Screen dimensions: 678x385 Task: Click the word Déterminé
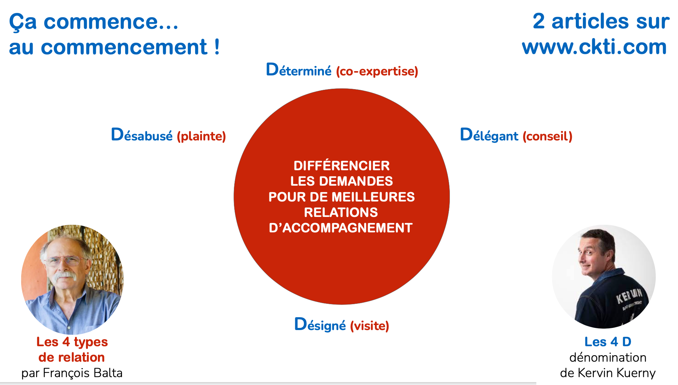pyautogui.click(x=298, y=70)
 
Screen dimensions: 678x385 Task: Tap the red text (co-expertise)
pyautogui.click(x=377, y=71)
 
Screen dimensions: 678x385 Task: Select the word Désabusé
pyautogui.click(x=142, y=135)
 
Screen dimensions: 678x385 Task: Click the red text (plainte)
pyautogui.click(x=201, y=136)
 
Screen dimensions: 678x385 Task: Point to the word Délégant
pyautogui.click(x=489, y=135)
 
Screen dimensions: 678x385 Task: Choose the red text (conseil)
pyautogui.click(x=547, y=136)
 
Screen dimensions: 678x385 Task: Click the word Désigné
pyautogui.click(x=320, y=324)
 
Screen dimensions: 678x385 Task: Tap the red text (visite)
pyautogui.click(x=369, y=326)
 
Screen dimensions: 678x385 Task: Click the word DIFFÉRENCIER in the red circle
pyautogui.click(x=342, y=166)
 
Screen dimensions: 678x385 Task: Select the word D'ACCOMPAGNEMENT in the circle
pyautogui.click(x=341, y=228)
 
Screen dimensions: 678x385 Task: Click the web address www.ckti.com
pyautogui.click(x=594, y=47)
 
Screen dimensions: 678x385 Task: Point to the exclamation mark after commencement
pyautogui.click(x=217, y=47)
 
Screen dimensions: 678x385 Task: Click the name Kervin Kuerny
pyautogui.click(x=617, y=373)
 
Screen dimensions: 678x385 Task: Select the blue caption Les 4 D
pyautogui.click(x=608, y=342)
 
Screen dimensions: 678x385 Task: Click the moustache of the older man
pyautogui.click(x=65, y=275)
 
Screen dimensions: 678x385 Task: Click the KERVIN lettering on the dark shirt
pyautogui.click(x=629, y=295)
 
